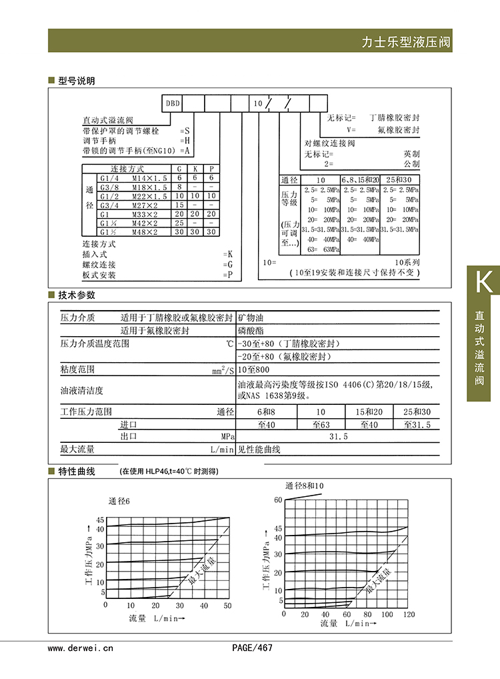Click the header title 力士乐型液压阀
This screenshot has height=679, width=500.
coord(405,42)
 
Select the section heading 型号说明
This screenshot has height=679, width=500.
coord(77,81)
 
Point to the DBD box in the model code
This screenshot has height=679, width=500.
coord(173,103)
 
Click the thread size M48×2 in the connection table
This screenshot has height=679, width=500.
coord(144,232)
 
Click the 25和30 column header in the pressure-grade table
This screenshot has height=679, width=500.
coord(399,180)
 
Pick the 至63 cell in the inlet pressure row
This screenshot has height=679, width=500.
coord(321,424)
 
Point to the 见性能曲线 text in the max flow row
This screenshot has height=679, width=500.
coord(259,450)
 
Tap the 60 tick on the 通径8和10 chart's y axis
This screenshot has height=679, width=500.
coord(278,500)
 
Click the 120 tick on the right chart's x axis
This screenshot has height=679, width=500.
coord(409,614)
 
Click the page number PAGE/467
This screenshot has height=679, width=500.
coord(252,647)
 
